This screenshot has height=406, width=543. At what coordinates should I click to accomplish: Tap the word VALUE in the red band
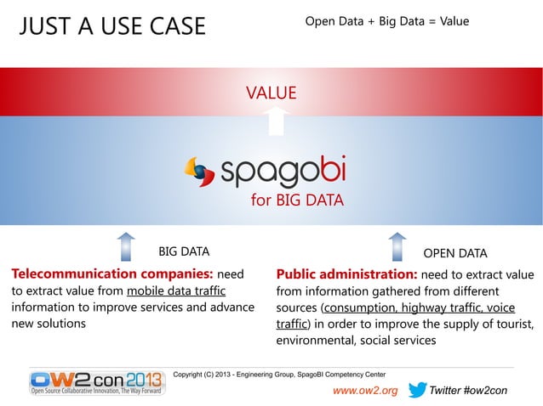[x=271, y=92]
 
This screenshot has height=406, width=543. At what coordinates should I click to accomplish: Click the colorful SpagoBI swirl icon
[x=201, y=171]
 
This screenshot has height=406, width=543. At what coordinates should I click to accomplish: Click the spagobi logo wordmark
[x=283, y=172]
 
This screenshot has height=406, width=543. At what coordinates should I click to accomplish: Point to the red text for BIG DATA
[x=296, y=201]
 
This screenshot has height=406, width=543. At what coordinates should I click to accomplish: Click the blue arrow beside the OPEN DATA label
[x=397, y=246]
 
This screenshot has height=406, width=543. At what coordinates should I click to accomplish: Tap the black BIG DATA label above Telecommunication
[x=184, y=252]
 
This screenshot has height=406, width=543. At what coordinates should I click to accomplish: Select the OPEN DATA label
[x=454, y=252]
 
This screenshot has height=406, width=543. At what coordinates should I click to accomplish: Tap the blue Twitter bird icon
[x=417, y=390]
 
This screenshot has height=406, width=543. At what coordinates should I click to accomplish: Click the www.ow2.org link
[x=364, y=391]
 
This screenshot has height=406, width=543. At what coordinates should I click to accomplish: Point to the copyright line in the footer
[x=279, y=374]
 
